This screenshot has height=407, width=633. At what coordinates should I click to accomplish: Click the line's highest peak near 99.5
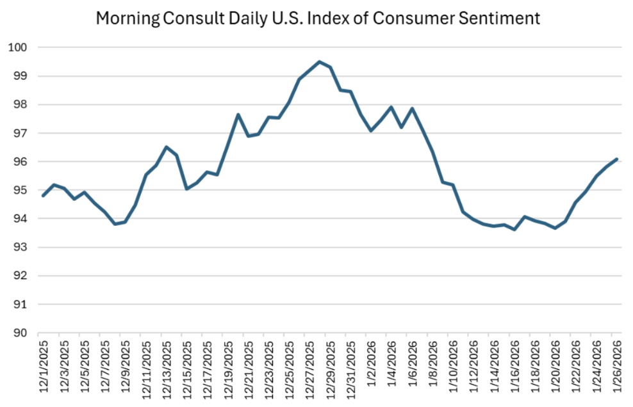[319, 61]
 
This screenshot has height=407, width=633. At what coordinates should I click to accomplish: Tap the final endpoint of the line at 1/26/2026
[616, 159]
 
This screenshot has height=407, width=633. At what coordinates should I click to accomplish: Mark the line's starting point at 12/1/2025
[43, 196]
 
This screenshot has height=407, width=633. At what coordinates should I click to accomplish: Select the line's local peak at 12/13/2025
[166, 147]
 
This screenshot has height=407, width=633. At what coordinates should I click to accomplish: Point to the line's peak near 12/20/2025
[238, 115]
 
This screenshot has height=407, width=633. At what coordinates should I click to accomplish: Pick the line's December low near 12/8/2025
[115, 224]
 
